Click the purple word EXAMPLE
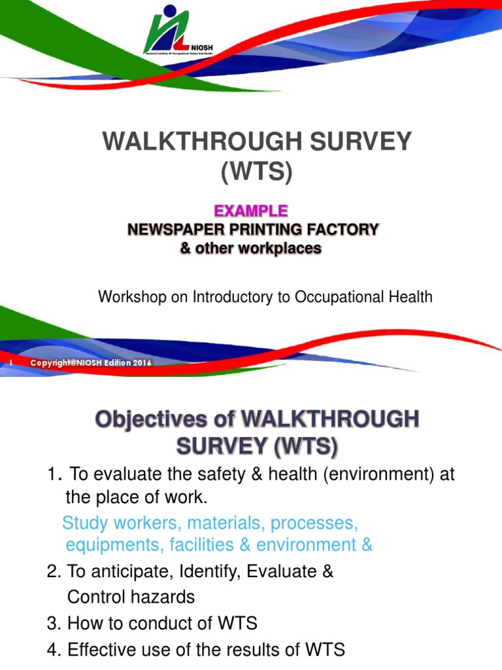point(251,211)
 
